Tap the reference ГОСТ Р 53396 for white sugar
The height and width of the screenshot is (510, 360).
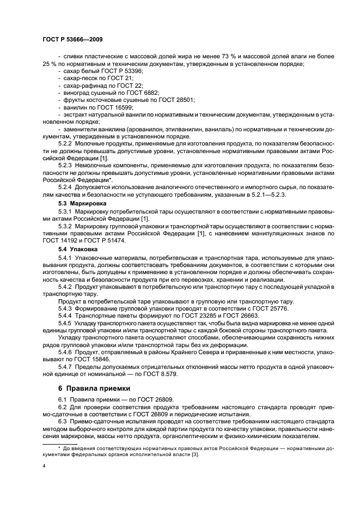[114, 71]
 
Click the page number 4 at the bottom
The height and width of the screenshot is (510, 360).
[44, 466]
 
